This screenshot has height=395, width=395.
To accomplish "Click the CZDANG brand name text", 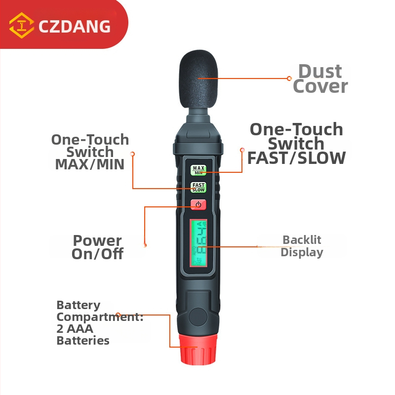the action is pyautogui.click(x=75, y=26).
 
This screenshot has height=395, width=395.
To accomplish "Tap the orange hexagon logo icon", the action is pyautogui.click(x=21, y=25).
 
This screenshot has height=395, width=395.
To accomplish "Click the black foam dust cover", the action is pyautogui.click(x=198, y=79).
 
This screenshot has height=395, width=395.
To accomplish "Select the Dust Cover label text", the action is pyautogui.click(x=320, y=79).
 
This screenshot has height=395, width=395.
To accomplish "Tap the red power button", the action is pyautogui.click(x=198, y=204).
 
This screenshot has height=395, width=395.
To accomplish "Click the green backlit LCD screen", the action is pyautogui.click(x=198, y=243).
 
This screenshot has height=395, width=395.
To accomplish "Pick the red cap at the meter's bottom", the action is pyautogui.click(x=198, y=349).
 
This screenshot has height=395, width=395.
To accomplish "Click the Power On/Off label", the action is pyautogui.click(x=97, y=247).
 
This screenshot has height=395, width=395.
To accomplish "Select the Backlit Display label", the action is pyautogui.click(x=302, y=246).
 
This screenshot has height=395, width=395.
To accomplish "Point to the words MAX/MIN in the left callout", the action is pyautogui.click(x=90, y=164).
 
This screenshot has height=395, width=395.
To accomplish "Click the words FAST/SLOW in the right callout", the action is pyautogui.click(x=297, y=158).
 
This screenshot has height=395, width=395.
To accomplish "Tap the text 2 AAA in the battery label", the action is pyautogui.click(x=75, y=329).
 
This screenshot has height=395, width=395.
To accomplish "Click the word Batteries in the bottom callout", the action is pyautogui.click(x=83, y=341).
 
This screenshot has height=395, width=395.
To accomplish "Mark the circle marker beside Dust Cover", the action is pyautogui.click(x=289, y=79).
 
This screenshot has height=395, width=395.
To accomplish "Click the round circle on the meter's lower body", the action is pyautogui.click(x=198, y=317).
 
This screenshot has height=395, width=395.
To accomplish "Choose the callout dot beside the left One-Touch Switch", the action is pyautogui.click(x=133, y=154).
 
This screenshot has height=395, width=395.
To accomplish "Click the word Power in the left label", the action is pyautogui.click(x=97, y=241).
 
